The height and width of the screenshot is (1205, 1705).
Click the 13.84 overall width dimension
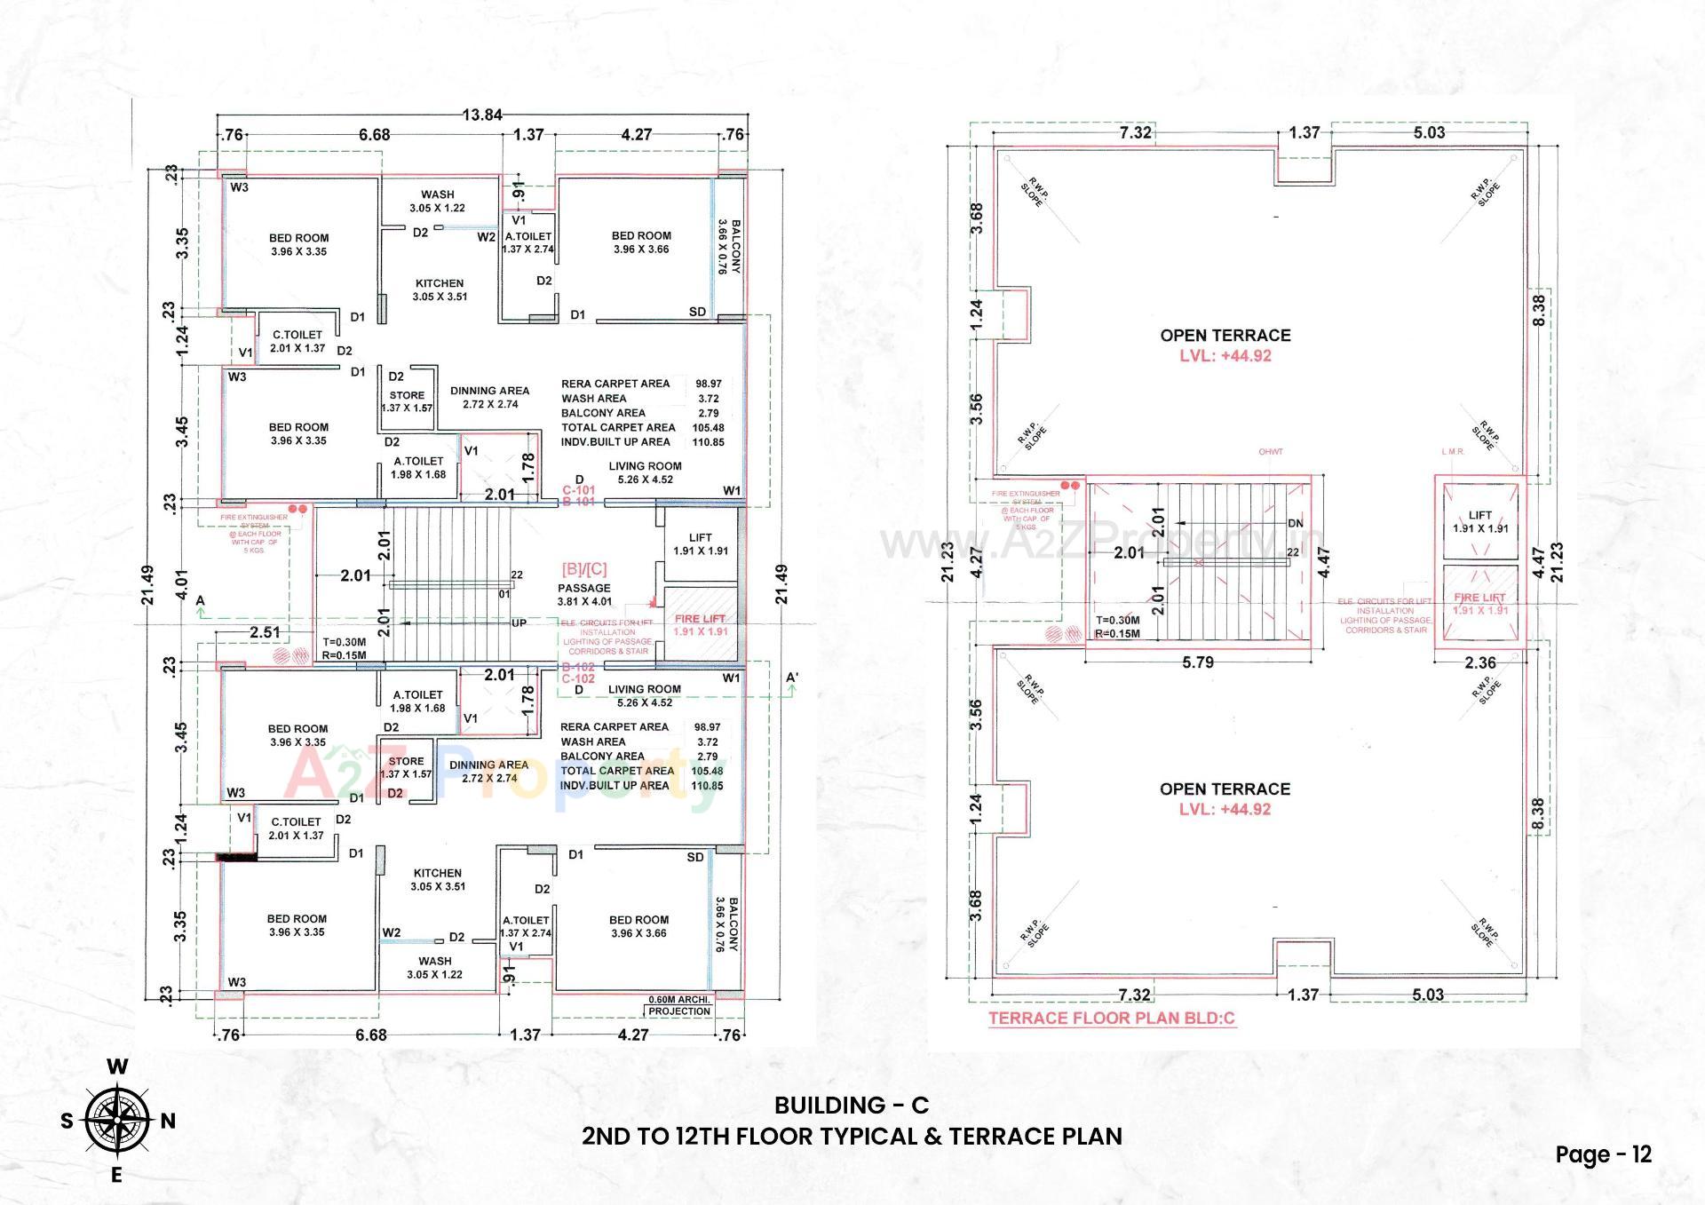coord(482,115)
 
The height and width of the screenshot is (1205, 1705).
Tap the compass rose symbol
coord(117,1121)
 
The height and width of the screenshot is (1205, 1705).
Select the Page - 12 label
coord(1603,1154)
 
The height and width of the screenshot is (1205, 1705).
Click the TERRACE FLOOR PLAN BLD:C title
coord(1112,1019)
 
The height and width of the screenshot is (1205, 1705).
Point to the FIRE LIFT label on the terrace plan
coord(1479,598)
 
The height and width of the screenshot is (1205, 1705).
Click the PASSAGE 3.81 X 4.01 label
coord(583,594)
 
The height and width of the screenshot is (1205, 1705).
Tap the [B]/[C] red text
coord(583,569)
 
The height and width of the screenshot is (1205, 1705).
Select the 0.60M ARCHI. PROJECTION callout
coord(679,1005)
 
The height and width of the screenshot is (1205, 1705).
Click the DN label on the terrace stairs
coord(1295,523)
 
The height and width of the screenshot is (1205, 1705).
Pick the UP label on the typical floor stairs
coord(519,622)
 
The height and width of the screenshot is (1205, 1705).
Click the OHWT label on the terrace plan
coord(1270,452)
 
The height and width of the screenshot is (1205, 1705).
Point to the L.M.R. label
coord(1453,452)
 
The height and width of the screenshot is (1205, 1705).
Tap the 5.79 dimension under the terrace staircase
coord(1197,662)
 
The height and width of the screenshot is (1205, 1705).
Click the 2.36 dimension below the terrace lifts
coord(1479,662)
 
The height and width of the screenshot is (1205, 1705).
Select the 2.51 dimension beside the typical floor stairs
coord(265,632)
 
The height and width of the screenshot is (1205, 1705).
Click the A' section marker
coord(792,678)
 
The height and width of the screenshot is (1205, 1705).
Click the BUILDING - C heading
coord(851,1105)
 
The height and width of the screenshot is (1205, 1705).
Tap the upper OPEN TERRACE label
coord(1225,336)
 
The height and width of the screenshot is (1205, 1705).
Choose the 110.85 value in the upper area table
coord(708,442)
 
